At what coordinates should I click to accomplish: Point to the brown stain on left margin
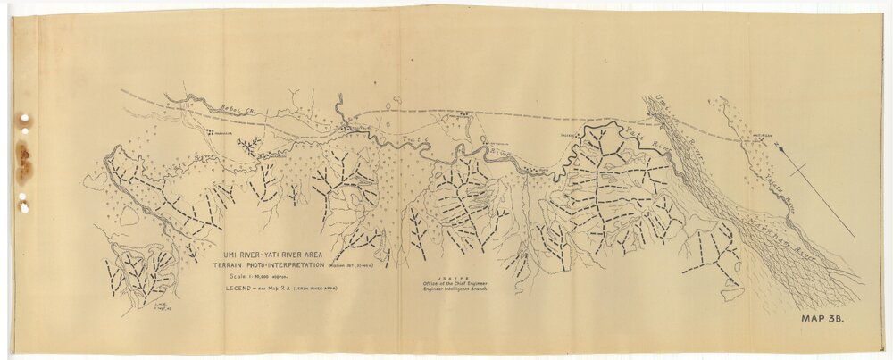point(23,163)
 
